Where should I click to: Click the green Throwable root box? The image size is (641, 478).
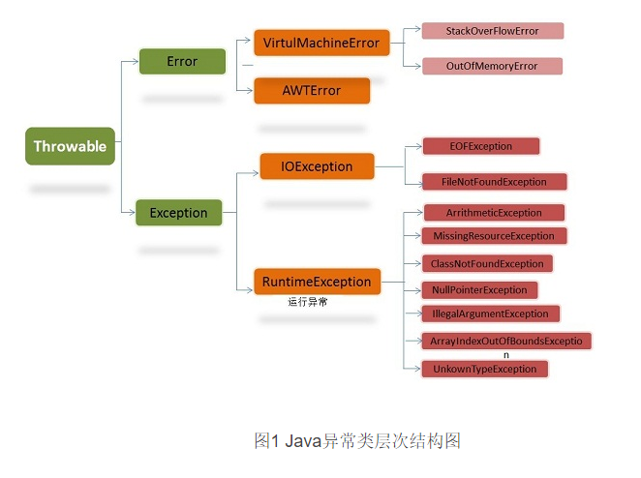(71, 147)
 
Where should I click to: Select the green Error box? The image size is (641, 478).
(182, 62)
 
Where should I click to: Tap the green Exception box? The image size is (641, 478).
(178, 212)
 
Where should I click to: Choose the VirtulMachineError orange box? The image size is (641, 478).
(321, 43)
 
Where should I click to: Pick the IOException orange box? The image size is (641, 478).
(317, 166)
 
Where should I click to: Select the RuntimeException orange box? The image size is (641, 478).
(317, 282)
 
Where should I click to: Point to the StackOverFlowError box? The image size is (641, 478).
(492, 31)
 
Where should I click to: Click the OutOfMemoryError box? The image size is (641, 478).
(492, 66)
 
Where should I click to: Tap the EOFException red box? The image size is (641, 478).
(480, 146)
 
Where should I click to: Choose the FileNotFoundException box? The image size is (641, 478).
(494, 181)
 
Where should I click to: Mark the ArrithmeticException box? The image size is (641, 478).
(494, 212)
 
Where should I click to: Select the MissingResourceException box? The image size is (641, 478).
(494, 236)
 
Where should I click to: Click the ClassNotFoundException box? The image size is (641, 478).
(487, 263)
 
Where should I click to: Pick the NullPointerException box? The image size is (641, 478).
(478, 289)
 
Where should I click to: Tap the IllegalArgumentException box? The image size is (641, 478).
(490, 314)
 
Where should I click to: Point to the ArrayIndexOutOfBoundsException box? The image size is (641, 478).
(505, 341)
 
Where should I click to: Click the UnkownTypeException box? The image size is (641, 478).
(484, 369)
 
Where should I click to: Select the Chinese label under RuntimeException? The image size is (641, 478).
(309, 302)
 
